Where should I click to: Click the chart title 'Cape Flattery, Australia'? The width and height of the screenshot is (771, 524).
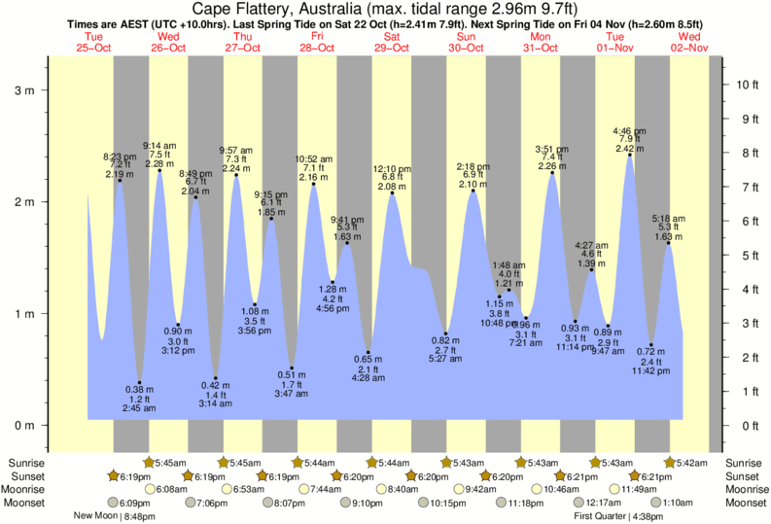(292, 10)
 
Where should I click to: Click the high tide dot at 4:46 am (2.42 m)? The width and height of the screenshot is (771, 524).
(629, 155)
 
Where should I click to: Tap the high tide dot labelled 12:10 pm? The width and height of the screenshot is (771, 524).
(392, 192)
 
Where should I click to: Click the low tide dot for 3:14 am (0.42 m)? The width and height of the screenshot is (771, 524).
(215, 378)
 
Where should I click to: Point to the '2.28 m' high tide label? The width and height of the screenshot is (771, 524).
(159, 163)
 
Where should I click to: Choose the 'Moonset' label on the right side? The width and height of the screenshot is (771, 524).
(745, 503)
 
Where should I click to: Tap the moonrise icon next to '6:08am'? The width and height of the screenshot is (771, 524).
(150, 489)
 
